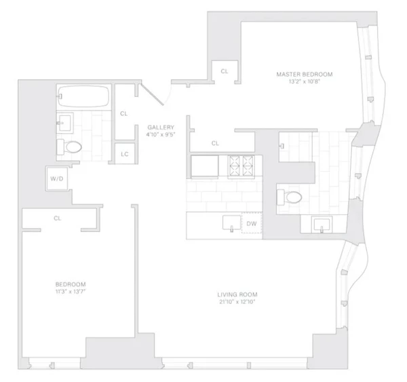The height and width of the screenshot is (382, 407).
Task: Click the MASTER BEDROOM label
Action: tap(304, 75)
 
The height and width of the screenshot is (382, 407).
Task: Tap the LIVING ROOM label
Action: tap(237, 294)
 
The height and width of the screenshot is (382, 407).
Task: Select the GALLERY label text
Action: tap(161, 128)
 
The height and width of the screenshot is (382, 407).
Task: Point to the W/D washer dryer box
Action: tap(57, 178)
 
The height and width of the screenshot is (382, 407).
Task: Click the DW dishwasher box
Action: tap(252, 223)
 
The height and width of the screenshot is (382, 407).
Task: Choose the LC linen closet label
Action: tap(125, 154)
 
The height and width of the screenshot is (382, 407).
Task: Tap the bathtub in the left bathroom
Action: tap(83, 96)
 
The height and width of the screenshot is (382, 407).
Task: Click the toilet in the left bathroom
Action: tap(69, 147)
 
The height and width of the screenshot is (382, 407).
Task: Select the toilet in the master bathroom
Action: tap(289, 197)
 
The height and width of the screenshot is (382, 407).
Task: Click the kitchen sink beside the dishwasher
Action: tap(231, 223)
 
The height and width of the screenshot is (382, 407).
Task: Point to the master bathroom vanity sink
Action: tap(322, 225)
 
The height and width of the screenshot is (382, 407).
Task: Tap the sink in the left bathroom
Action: tap(65, 123)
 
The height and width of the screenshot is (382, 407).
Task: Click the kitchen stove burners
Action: tap(241, 166)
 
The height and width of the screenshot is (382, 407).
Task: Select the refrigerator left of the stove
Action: tap(205, 166)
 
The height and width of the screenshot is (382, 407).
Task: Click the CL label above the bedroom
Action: tap(58, 218)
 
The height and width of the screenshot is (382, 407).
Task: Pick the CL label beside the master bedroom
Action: tap(225, 71)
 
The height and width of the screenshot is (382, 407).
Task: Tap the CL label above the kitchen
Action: tap(215, 143)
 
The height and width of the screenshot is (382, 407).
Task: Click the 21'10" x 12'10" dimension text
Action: tap(237, 302)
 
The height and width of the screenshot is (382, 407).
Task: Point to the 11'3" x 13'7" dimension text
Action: tap(71, 291)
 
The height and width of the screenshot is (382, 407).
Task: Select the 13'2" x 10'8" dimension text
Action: tap(305, 81)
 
